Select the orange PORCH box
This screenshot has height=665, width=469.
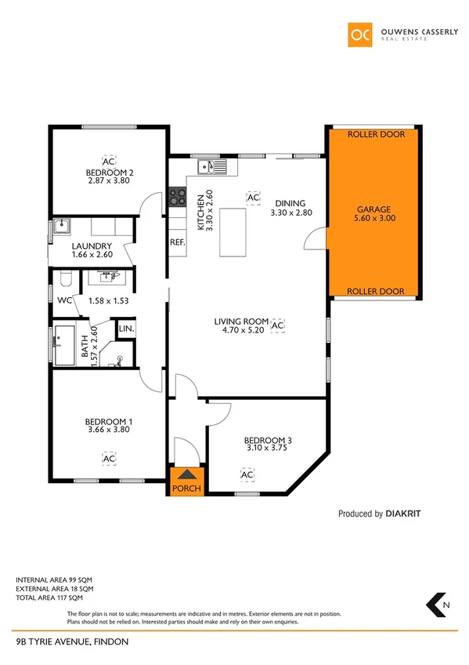[x=186, y=481]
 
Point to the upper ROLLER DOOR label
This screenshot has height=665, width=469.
[x=377, y=134]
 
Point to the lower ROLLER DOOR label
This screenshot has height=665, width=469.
[x=377, y=291]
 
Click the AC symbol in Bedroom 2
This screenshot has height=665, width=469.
[x=108, y=161]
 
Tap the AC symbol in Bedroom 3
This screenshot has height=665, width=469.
[x=247, y=475]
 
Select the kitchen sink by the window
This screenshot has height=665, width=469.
[x=211, y=166]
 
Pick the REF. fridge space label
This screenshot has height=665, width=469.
[x=178, y=242]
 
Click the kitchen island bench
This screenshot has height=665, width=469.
[x=233, y=231]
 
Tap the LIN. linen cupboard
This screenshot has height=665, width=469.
[x=125, y=329]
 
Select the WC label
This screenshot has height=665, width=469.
[x=65, y=300]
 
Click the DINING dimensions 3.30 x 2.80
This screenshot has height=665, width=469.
[x=291, y=213]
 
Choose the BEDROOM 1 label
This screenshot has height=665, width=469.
[x=108, y=422]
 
